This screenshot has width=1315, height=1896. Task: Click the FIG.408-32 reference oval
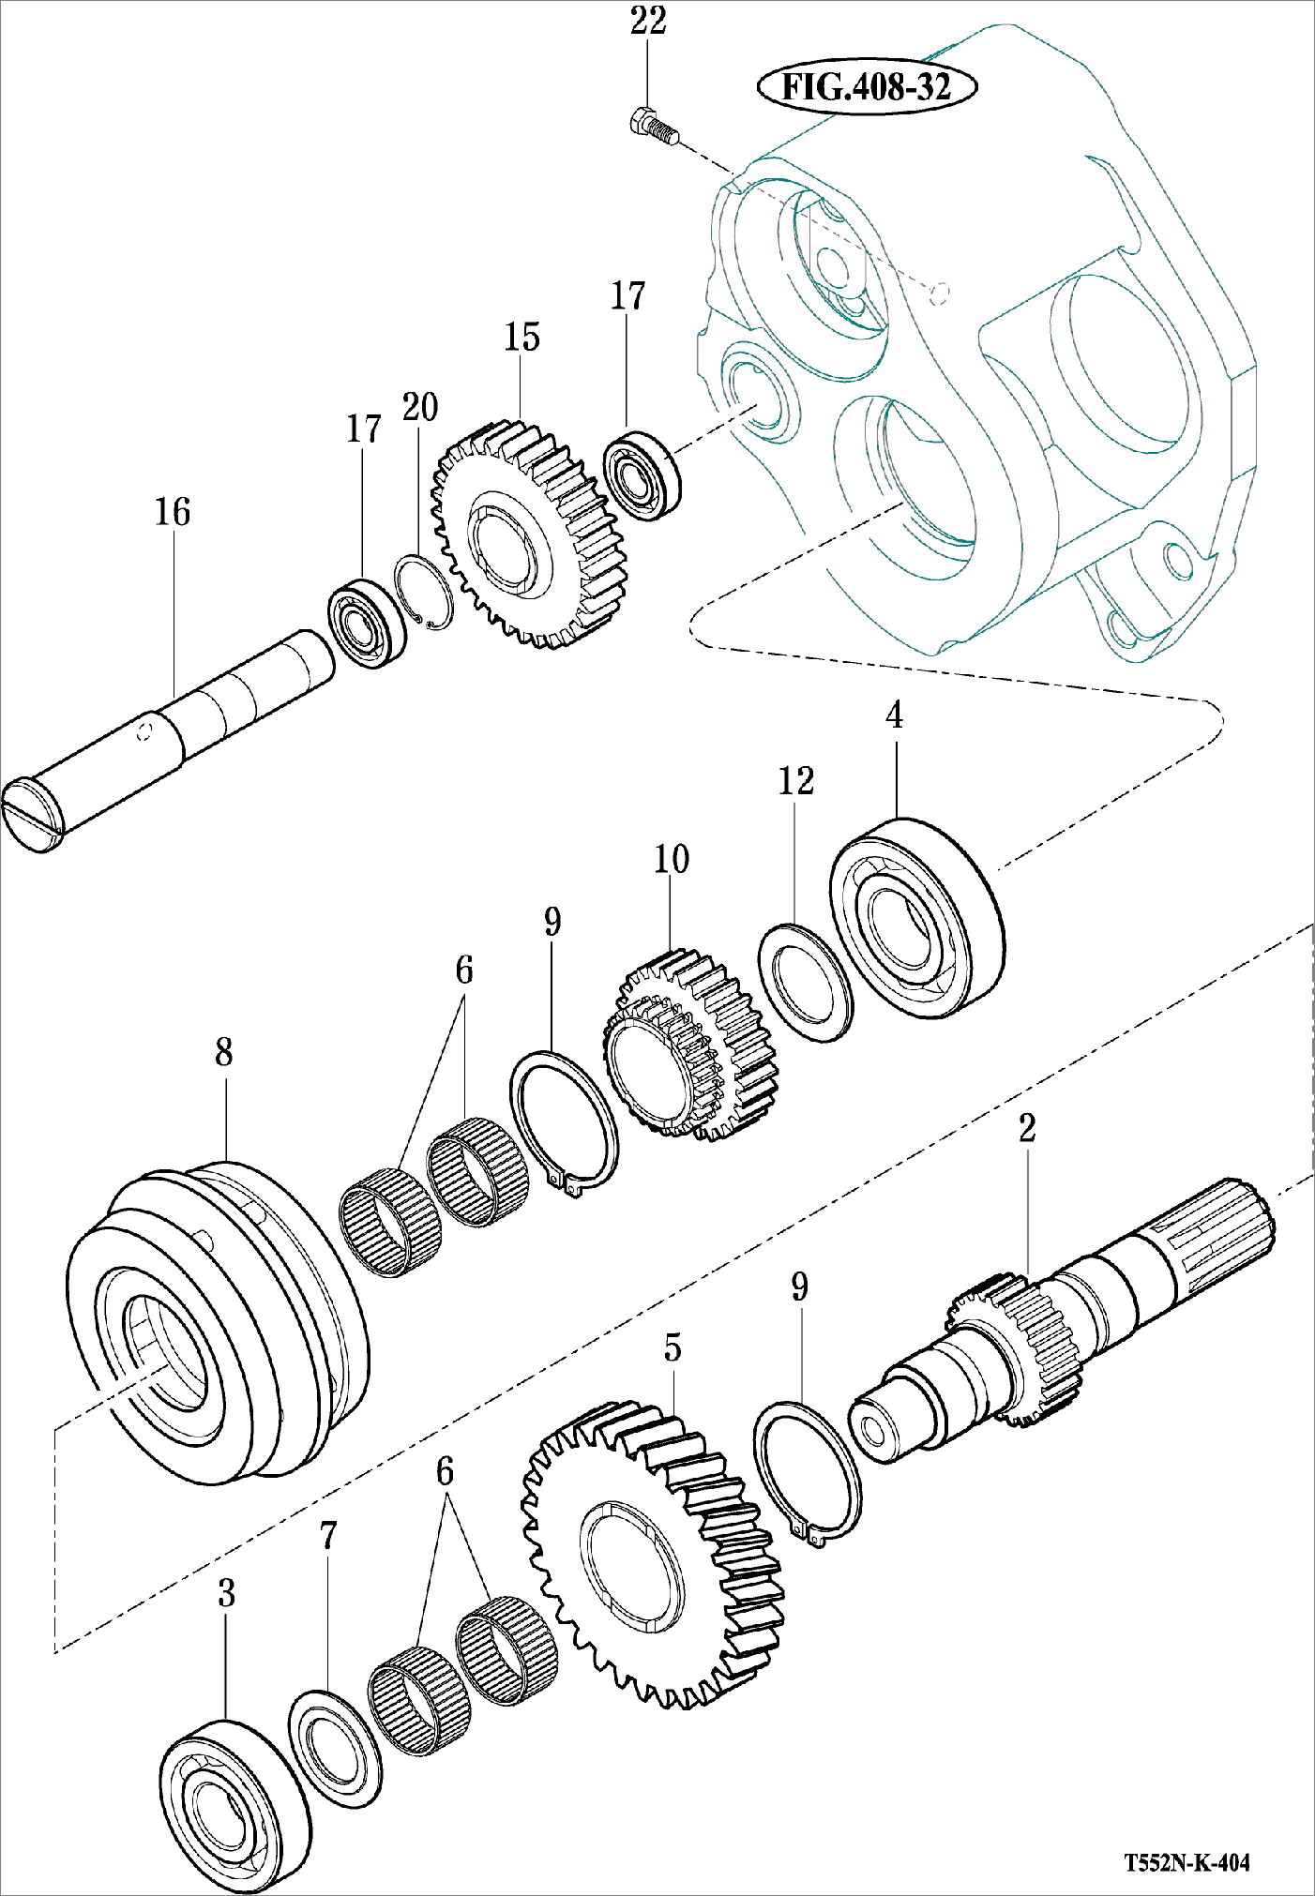pos(867,86)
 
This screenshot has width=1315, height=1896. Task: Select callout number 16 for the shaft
pos(173,512)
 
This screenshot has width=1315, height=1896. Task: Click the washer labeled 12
pos(806,982)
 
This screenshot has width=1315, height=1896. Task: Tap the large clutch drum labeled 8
pos(218,1322)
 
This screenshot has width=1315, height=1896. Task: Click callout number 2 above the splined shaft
pos(1027,1128)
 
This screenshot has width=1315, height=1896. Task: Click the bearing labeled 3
pos(234,1805)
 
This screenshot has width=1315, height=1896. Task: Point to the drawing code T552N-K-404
pos(1187,1862)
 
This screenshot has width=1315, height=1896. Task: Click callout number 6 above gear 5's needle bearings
pos(445,1471)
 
